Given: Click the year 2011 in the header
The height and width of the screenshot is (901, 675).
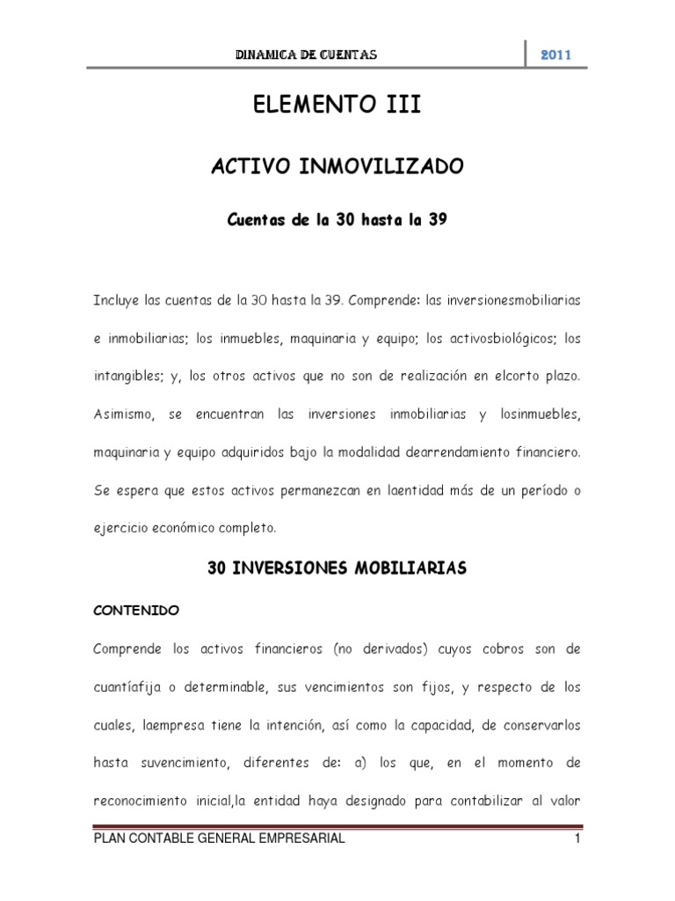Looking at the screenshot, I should (x=555, y=55).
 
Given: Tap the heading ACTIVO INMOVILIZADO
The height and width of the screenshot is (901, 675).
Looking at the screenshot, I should (x=337, y=167).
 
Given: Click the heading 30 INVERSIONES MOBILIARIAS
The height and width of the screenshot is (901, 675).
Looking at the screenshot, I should (x=337, y=569).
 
